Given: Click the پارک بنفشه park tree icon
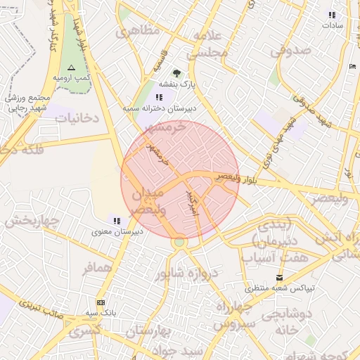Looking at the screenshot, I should pyautogui.click(x=176, y=72).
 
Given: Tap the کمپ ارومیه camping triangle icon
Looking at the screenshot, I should pyautogui.click(x=70, y=67).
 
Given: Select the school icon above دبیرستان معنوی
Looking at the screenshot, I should pyautogui.click(x=116, y=220).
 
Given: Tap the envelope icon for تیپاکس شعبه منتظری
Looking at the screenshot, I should pyautogui.click(x=281, y=277).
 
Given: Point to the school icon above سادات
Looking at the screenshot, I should pyautogui.click(x=332, y=14).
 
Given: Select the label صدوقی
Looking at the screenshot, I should pyautogui.click(x=291, y=50).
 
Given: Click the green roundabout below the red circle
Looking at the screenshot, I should pyautogui.click(x=180, y=243).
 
